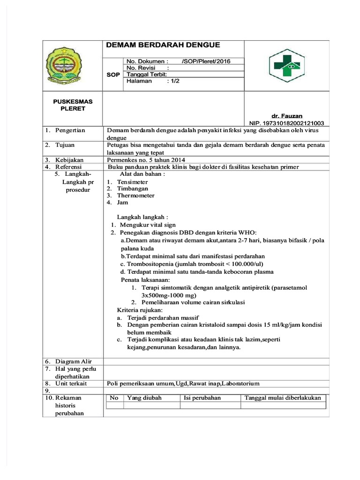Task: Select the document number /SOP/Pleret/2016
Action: pyautogui.click(x=206, y=61)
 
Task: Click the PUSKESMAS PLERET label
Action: pyautogui.click(x=73, y=105)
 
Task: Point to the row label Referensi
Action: pyautogui.click(x=68, y=166)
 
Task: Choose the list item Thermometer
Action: pyautogui.click(x=136, y=195)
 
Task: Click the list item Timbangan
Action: pyautogui.click(x=133, y=188)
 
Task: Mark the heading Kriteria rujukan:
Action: pyautogui.click(x=140, y=310)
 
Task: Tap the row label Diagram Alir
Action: pyautogui.click(x=74, y=361)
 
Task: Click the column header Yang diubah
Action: pyautogui.click(x=144, y=397)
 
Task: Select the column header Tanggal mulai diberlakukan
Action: pyautogui.click(x=283, y=397)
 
